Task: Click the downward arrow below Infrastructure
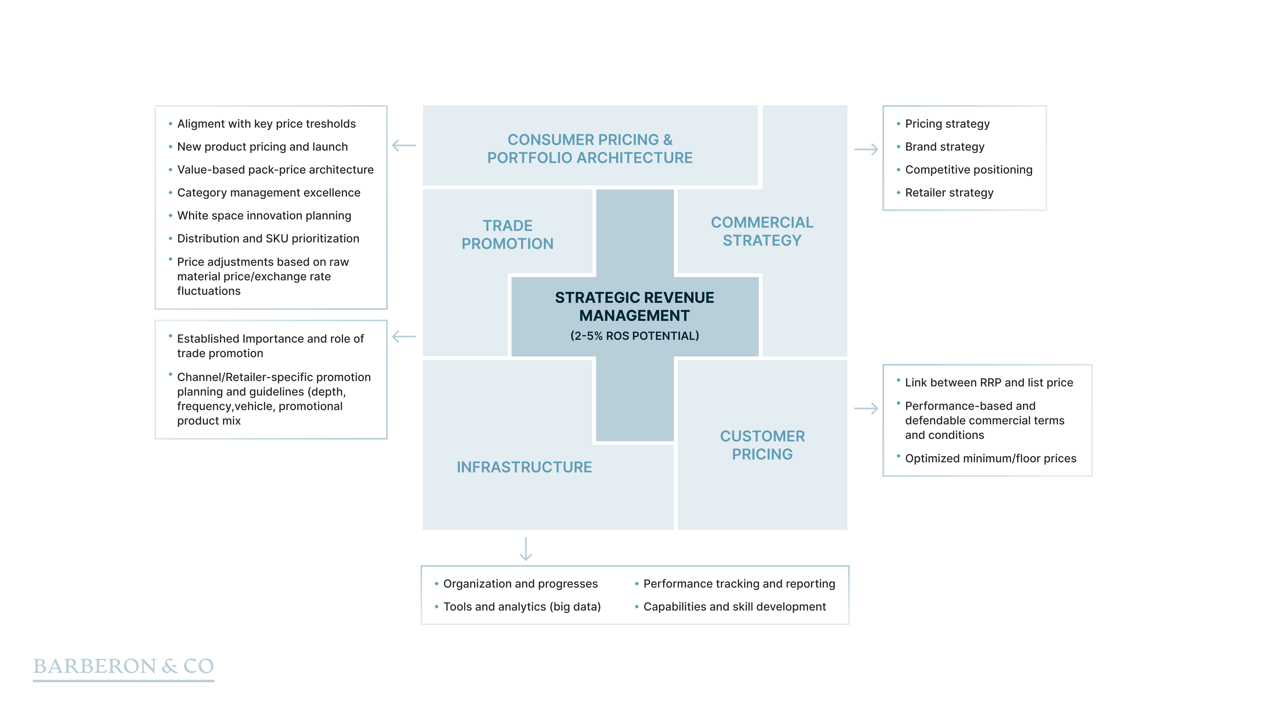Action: pos(526,549)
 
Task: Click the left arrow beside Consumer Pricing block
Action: pos(404,146)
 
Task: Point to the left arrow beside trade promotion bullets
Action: pos(404,337)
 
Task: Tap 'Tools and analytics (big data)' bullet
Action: pos(522,607)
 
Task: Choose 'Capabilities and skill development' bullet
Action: pos(734,607)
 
